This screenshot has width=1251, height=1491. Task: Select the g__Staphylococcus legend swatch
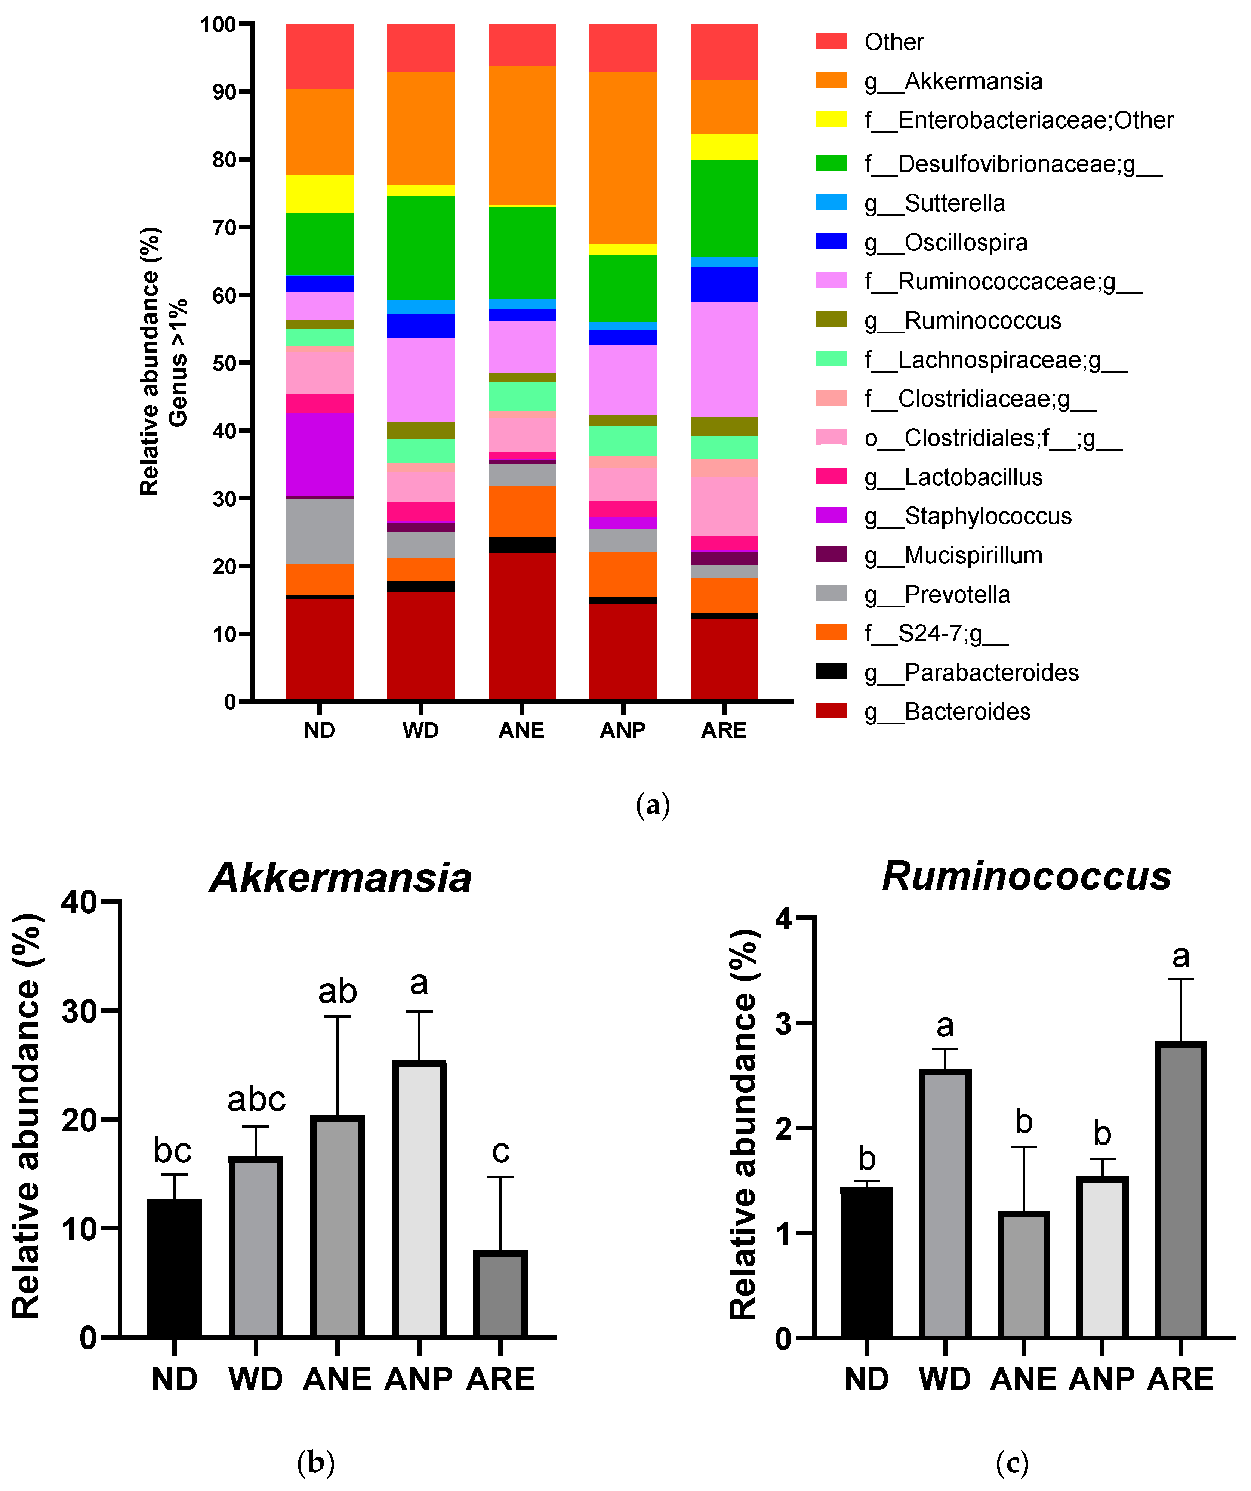(831, 516)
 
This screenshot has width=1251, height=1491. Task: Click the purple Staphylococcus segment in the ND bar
(320, 455)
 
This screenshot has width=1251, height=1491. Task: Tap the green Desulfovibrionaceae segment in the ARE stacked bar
(724, 208)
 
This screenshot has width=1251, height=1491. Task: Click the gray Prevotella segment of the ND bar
(320, 531)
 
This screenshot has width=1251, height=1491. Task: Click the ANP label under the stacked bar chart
(623, 731)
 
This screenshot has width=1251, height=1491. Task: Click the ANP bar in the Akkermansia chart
(419, 1200)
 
